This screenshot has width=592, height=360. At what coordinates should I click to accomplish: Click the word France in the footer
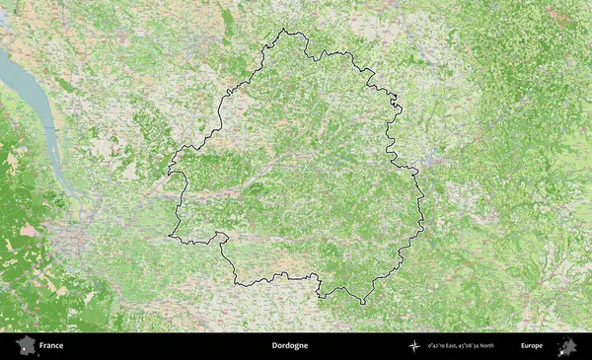coord(51,346)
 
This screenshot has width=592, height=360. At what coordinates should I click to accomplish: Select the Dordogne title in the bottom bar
coord(290,346)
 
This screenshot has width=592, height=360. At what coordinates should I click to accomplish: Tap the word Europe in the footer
coord(532,346)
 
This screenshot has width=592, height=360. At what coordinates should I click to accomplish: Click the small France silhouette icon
coord(25,345)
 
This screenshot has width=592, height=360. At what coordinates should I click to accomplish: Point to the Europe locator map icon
coord(567,345)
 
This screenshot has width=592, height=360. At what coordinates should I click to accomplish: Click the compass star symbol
coord(415,346)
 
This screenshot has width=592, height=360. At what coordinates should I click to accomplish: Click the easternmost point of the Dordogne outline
coord(424,229)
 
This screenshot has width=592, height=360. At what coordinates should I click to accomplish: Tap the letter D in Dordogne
coord(274,346)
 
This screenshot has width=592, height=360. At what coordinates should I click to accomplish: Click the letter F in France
coord(41,346)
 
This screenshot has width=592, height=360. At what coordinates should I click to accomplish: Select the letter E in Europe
coord(523,346)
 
